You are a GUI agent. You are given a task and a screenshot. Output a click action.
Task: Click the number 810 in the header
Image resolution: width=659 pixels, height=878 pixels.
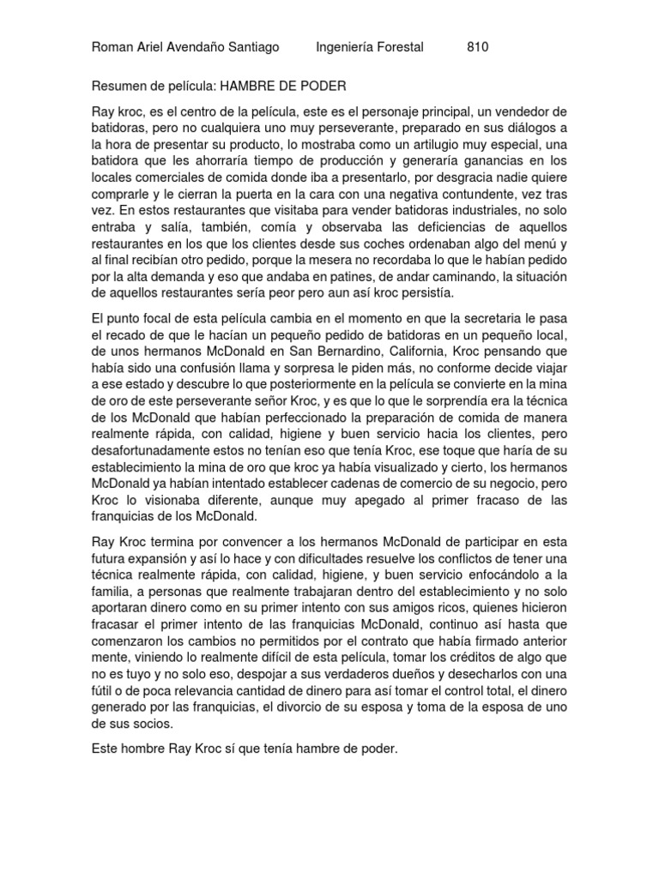(x=478, y=47)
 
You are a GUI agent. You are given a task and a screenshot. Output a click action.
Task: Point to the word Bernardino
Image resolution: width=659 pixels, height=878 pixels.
(x=325, y=352)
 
